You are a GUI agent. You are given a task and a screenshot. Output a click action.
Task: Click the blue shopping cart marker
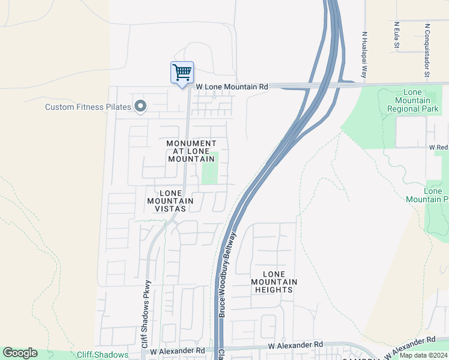pyautogui.click(x=182, y=73)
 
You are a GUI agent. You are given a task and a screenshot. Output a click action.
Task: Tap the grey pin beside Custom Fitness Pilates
pyautogui.click(x=140, y=106)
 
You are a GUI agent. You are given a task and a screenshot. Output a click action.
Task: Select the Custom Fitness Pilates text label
pyautogui.click(x=88, y=107)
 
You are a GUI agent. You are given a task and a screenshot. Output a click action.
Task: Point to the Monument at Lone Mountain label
pyautogui.click(x=191, y=151)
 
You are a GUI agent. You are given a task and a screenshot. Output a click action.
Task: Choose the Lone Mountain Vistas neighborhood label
pyautogui.click(x=170, y=201)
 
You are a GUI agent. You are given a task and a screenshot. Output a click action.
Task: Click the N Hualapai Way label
pyautogui.click(x=364, y=55)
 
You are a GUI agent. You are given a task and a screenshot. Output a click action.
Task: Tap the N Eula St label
pyautogui.click(x=397, y=36)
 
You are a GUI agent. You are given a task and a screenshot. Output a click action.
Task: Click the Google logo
pyautogui.click(x=20, y=353)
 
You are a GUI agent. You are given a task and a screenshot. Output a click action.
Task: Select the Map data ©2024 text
pyautogui.click(x=424, y=355)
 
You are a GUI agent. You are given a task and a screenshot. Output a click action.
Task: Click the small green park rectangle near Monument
pyautogui.click(x=210, y=168)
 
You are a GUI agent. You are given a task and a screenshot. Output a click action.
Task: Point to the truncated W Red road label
pyautogui.click(x=438, y=147)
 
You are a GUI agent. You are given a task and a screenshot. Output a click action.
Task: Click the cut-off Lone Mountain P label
pyautogui.click(x=436, y=195)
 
